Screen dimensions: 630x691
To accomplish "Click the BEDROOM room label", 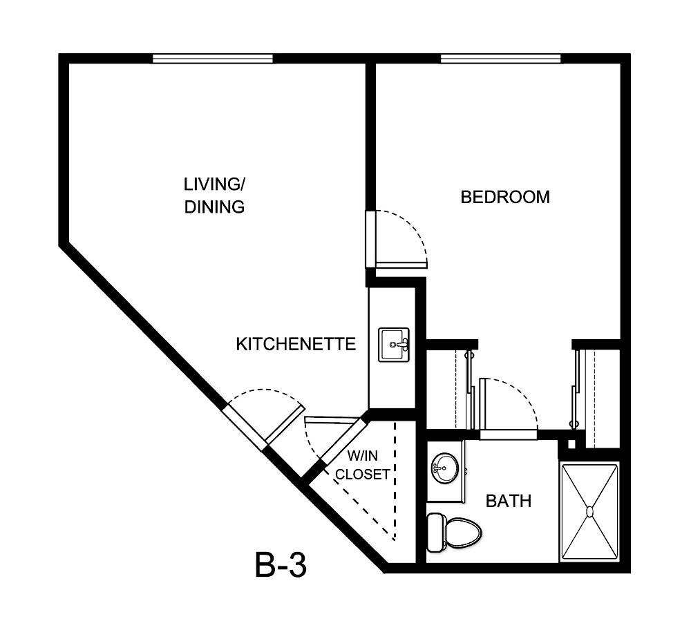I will point(505,197).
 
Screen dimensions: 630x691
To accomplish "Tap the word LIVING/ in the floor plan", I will point(214,184).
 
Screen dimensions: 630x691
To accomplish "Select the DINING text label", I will point(214,207).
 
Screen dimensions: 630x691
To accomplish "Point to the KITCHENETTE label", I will point(296,344).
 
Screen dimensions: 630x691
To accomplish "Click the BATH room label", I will point(509,501).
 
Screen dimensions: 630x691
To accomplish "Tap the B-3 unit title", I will point(280,566).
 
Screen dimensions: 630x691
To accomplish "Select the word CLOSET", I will point(363,475).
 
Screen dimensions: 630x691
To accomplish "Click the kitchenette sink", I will point(394,343).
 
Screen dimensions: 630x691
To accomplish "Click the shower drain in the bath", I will point(589,511).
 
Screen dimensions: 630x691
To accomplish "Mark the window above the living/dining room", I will point(212,59).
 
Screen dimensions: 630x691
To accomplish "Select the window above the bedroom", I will point(500,59).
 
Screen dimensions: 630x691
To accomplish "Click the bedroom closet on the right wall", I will point(600,397).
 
